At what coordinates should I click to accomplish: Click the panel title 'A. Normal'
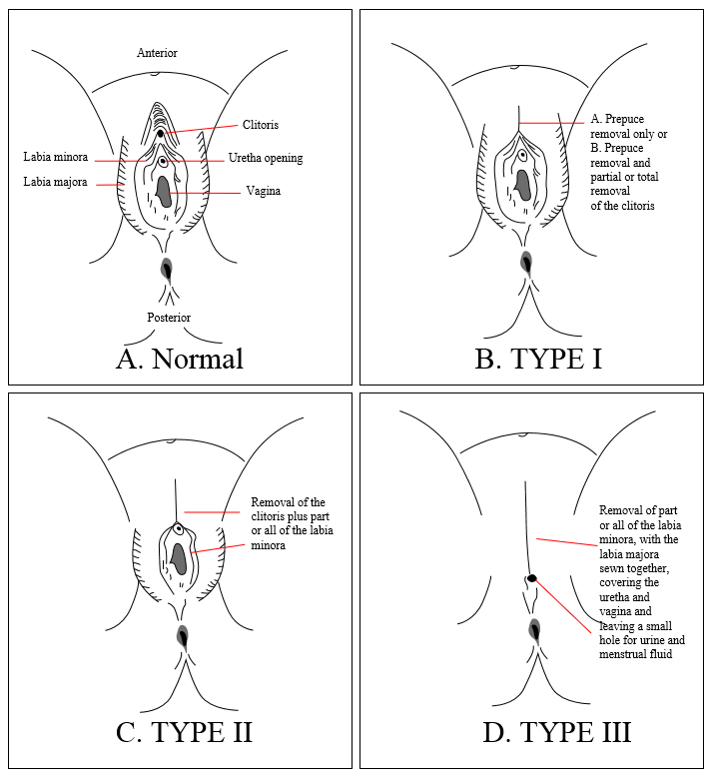180,359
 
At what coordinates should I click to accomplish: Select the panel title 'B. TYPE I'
538,359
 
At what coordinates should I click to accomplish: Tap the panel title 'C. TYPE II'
184,732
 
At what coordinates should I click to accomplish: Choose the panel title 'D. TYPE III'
556,732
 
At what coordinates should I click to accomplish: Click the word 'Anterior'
157,53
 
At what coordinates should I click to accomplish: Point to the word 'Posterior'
169,318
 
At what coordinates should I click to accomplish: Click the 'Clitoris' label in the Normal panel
261,125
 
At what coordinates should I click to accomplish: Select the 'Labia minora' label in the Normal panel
56,157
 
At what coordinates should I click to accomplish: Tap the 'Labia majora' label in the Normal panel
55,182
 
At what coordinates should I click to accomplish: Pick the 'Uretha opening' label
266,158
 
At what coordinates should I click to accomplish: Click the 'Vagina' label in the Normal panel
264,191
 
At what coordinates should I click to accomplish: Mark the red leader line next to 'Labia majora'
110,185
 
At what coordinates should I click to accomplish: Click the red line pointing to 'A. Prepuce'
551,123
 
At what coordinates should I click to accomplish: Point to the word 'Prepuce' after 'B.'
624,148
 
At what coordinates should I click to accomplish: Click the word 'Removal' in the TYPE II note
272,502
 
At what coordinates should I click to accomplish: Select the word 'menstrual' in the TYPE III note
620,654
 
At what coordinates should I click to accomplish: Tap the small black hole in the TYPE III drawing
532,578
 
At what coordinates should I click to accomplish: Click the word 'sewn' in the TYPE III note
610,568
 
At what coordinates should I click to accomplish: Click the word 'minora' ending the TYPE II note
268,545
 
